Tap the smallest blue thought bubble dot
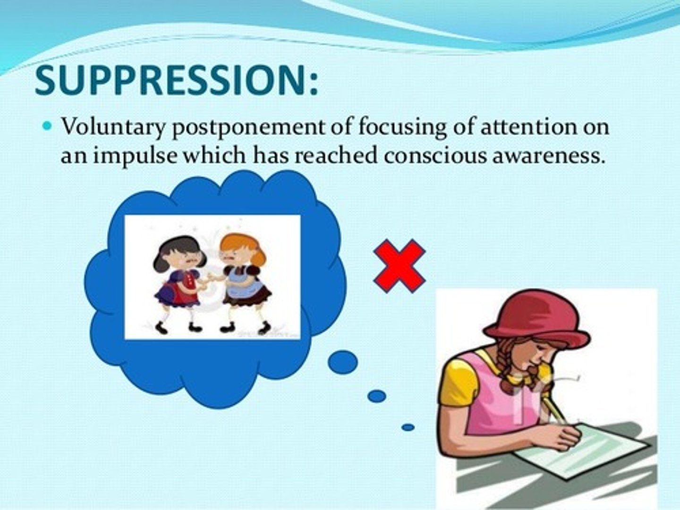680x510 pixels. (408, 428)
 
